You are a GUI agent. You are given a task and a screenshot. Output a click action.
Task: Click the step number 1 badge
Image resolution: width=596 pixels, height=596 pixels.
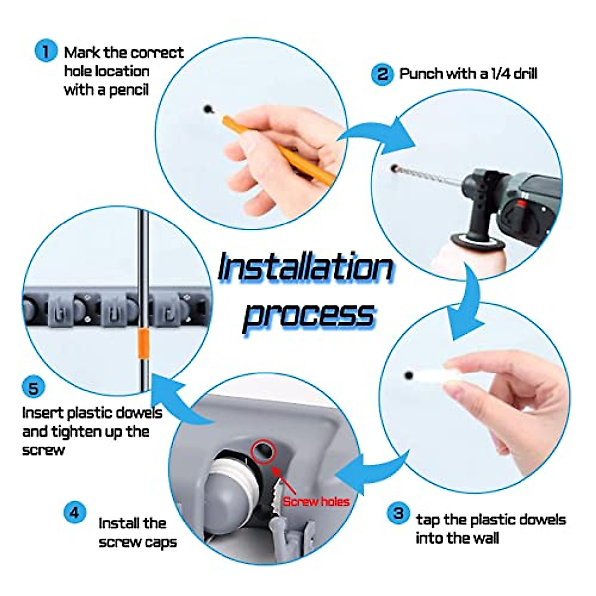[46, 51]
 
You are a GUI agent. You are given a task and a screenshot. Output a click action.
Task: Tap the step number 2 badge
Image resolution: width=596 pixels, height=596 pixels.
[382, 74]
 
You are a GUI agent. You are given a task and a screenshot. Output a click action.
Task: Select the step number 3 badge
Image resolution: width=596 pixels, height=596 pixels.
[398, 513]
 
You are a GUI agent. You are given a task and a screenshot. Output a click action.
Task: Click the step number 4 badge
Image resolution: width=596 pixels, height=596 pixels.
[74, 512]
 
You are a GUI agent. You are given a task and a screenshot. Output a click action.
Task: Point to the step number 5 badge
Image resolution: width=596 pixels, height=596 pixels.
[33, 388]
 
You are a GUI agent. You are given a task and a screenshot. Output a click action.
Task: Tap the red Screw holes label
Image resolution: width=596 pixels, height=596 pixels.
[316, 502]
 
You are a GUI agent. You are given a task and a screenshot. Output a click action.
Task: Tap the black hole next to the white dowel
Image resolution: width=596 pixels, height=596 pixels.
[409, 375]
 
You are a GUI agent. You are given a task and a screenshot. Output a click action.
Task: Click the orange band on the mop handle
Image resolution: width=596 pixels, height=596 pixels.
[144, 344]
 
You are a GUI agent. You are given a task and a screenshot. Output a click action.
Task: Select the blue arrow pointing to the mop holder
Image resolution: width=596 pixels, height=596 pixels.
[179, 400]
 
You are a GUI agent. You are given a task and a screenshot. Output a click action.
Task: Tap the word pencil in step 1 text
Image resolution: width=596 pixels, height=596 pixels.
[129, 90]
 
